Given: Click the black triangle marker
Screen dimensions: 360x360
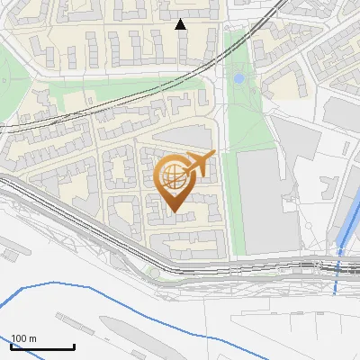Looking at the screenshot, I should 181,24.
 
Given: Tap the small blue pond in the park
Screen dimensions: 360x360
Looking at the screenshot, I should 238,79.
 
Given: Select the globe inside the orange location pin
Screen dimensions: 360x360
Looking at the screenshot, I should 174,175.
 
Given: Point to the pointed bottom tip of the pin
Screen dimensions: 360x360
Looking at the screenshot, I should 174,211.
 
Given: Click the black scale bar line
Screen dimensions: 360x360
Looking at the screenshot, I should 42,346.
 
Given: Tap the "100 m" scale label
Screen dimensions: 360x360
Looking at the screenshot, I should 24,338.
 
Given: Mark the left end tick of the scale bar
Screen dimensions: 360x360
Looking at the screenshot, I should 11,345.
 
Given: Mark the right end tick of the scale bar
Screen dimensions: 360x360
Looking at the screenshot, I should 74,345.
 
